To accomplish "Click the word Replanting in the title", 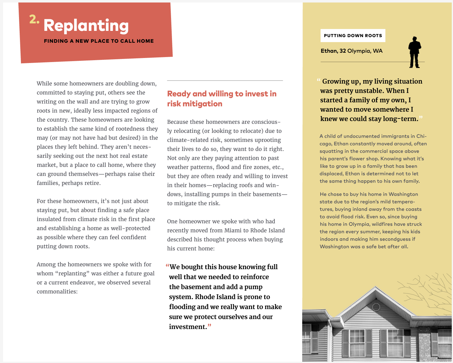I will tap(86, 26).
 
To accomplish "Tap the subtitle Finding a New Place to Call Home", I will tap(99, 41).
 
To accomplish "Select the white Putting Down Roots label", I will tap(353, 36).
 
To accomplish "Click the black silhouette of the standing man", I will tap(414, 52).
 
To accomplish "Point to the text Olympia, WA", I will tap(365, 51).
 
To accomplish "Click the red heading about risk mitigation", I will tap(222, 99).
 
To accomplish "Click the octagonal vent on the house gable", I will tap(376, 307).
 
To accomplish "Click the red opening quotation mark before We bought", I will tap(167, 266).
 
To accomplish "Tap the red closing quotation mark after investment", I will tap(209, 326).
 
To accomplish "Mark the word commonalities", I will tap(57, 292).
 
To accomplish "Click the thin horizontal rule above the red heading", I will tap(225, 81).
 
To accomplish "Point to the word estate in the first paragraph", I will tap(137, 156).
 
